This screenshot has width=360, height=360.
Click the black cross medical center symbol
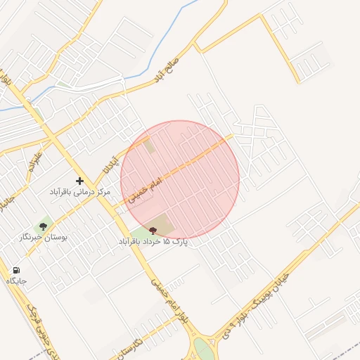(x=79, y=181)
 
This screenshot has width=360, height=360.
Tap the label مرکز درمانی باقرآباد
(x=79, y=191)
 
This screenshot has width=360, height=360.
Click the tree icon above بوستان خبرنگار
(x=44, y=226)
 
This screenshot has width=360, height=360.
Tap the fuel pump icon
(x=16, y=270)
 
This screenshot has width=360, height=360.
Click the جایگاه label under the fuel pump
(x=16, y=281)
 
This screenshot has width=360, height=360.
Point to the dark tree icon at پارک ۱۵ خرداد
(x=153, y=231)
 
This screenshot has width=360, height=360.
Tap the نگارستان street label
(x=130, y=343)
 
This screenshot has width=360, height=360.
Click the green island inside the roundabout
(x=204, y=349)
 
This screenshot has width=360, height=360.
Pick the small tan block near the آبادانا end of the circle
(x=149, y=146)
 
